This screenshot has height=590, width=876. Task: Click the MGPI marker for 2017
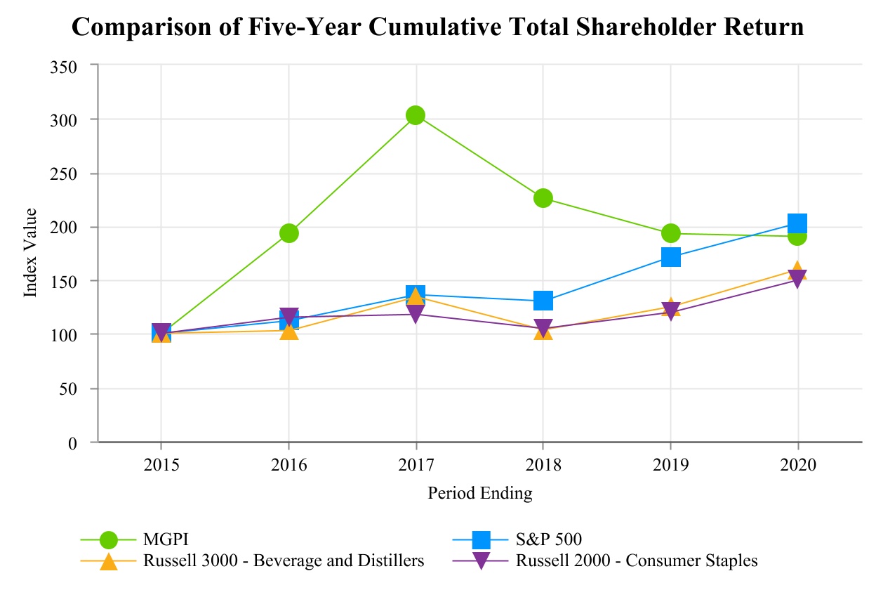(416, 115)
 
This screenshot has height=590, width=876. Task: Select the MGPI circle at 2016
(289, 233)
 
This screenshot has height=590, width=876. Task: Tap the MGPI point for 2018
(543, 198)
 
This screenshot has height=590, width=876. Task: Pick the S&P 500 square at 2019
(670, 257)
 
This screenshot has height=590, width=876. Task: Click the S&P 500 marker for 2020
(797, 224)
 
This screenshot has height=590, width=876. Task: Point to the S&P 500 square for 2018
(543, 301)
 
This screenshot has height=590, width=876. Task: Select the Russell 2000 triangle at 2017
(416, 315)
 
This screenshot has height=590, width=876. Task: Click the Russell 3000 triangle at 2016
(289, 329)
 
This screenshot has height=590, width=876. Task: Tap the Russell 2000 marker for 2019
(670, 311)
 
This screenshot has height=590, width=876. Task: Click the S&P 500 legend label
(549, 539)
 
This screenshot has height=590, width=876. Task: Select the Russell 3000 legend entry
(284, 560)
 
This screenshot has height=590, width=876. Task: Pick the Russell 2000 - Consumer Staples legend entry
(637, 560)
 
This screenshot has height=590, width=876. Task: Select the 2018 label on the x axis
(543, 465)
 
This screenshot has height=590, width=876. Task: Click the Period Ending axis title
(480, 494)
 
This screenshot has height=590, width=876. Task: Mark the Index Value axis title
(30, 253)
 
